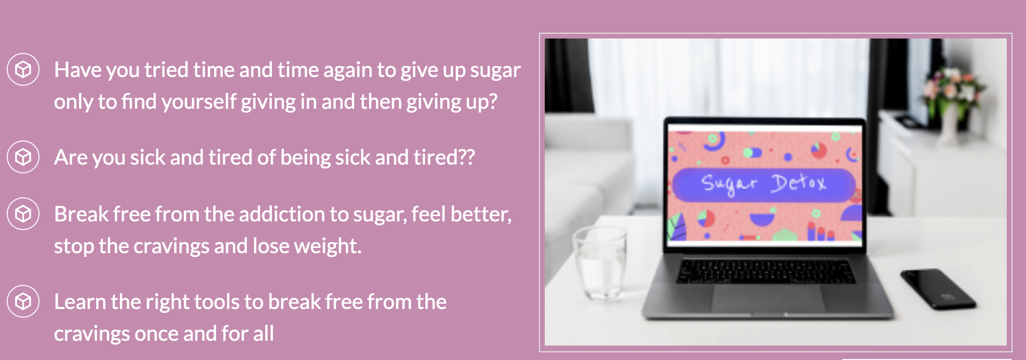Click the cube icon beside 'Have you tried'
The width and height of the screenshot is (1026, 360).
click(23, 70)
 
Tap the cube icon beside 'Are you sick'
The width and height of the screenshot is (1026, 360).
click(23, 157)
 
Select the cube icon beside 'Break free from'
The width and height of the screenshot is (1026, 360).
click(23, 214)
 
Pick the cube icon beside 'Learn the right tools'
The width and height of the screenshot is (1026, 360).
click(23, 301)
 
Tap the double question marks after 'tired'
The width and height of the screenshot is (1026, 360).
click(466, 157)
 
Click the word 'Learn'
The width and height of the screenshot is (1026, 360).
click(80, 302)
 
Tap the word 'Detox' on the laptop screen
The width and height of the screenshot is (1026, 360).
click(799, 183)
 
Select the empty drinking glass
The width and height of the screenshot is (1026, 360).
click(600, 262)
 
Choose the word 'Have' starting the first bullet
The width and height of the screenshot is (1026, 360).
click(78, 70)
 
